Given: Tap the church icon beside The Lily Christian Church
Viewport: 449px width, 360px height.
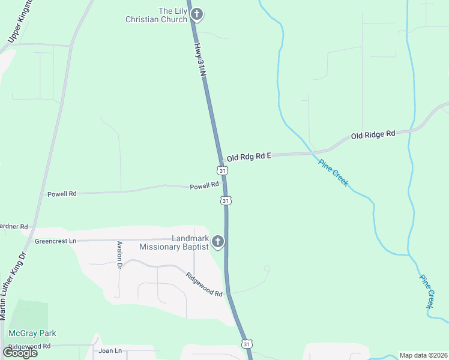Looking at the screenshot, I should [x=197, y=14].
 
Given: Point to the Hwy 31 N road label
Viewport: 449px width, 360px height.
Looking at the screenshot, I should [x=201, y=59].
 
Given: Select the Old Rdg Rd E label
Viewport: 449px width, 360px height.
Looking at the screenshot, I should [x=249, y=157].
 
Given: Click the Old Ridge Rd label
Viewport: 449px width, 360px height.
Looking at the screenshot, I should [x=373, y=135].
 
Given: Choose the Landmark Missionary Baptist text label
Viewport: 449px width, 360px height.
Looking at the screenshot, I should [x=173, y=242].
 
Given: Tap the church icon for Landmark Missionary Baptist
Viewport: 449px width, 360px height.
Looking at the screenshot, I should [x=217, y=242].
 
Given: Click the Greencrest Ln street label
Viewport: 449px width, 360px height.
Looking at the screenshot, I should [x=56, y=241].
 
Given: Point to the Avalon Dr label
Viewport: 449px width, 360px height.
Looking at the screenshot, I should [x=119, y=255].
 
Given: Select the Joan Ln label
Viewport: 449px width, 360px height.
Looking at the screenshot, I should [x=110, y=350].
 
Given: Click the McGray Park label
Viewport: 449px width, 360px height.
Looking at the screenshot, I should [x=32, y=333].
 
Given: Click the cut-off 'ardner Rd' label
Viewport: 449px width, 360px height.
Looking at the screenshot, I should [x=14, y=227].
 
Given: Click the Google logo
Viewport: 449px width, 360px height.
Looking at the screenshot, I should [x=20, y=353].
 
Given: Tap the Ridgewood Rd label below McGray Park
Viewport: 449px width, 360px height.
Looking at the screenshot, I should [x=29, y=346].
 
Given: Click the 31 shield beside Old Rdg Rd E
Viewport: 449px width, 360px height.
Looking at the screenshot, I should [x=223, y=171].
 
